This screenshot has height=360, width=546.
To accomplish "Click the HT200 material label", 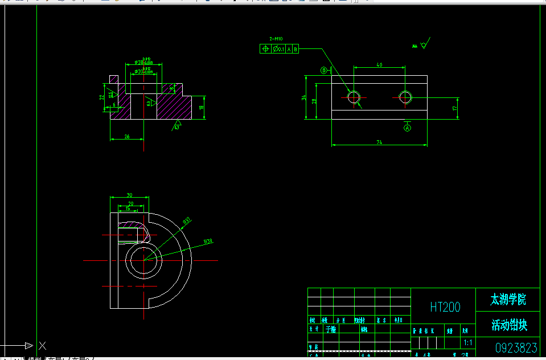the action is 445,308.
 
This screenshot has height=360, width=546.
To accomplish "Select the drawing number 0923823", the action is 516,347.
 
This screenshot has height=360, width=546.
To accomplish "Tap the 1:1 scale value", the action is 467,343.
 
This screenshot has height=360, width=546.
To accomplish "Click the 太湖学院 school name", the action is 508,299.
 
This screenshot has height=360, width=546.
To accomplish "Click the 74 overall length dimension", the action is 378,142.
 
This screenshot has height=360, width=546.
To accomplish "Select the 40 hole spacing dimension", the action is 379,65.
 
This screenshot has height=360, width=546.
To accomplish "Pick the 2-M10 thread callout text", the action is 276,39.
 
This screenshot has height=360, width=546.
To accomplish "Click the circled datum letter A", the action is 407,128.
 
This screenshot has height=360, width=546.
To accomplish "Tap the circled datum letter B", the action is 324,71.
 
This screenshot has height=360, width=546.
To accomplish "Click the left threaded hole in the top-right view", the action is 354,97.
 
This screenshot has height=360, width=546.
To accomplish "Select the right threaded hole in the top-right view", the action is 405,97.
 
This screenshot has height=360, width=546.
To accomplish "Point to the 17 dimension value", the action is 454,108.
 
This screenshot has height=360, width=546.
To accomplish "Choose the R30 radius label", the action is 208,242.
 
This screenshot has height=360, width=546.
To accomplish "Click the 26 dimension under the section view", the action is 126,136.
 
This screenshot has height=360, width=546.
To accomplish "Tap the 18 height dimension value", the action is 201,107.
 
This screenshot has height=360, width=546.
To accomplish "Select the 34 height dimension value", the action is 305,98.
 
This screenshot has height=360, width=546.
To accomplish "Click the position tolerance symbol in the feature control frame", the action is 265,49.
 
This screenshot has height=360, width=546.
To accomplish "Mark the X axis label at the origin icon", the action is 42,345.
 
